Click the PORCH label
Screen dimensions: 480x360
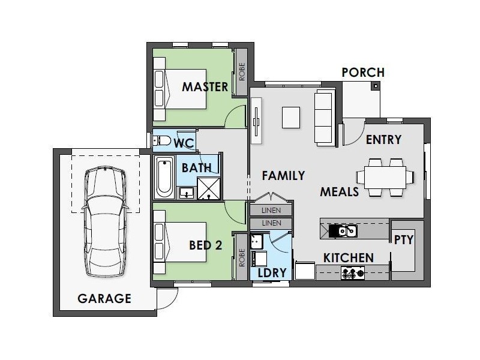pos(363,73)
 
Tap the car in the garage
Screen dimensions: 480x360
pos(105,221)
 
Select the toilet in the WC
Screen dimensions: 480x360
pos(162,141)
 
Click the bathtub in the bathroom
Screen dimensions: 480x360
pos(164,178)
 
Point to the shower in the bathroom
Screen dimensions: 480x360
pos(209,188)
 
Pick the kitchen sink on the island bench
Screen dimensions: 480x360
pos(343,231)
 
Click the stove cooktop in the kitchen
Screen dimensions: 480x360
pos(353,272)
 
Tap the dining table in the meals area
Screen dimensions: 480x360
pos(385,177)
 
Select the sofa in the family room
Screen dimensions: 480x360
pos(324,118)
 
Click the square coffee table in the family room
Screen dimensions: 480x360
pos(291,117)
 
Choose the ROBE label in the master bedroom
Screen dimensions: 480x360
pos(242,71)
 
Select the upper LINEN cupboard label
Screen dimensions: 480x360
pos(271,211)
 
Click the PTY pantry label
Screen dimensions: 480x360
pos(404,239)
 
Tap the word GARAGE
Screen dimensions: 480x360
pos(104,298)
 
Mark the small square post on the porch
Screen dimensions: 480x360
pos(376,86)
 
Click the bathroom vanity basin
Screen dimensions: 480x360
pos(186,193)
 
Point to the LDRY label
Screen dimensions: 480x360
pos(272,273)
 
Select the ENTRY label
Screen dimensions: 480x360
pos(383,140)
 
